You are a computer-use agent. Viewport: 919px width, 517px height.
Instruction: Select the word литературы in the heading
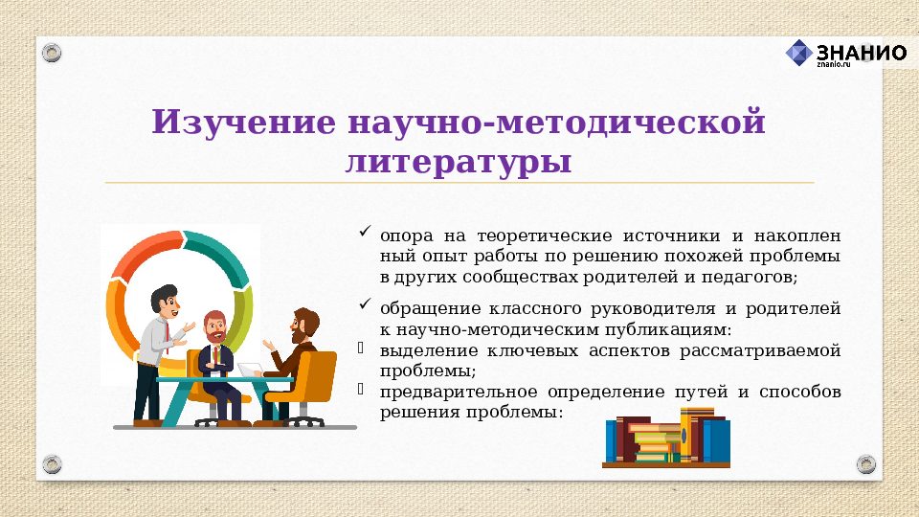pos(459,161)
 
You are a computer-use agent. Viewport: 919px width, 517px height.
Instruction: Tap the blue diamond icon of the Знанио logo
pos(799,53)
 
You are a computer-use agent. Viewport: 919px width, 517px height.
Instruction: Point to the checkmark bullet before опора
pos(365,232)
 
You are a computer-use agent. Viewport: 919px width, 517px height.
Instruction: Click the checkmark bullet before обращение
pos(365,304)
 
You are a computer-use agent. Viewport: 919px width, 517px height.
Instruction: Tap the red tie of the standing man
pos(168,330)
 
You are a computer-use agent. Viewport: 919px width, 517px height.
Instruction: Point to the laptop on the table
pos(250,370)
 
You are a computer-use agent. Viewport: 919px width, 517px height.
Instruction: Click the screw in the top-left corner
pos(53,53)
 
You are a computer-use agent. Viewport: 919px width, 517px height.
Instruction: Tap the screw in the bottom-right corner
pos(865,464)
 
